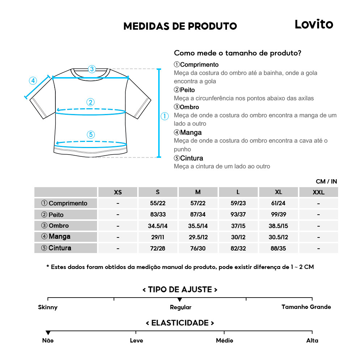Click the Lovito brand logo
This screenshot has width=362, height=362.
tap(313, 24)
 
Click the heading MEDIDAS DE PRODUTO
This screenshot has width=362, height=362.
tap(180, 26)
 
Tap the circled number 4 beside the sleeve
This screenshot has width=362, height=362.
tap(33, 81)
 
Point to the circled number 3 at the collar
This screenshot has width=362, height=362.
tap(92, 69)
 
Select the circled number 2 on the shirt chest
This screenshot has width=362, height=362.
tap(90, 102)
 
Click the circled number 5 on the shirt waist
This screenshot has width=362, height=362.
tap(90, 135)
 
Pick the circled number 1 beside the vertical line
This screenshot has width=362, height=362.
tap(165, 116)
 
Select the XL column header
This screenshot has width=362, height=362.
tap(278, 192)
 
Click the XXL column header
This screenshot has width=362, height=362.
tap(318, 192)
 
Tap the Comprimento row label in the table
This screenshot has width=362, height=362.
tap(66, 203)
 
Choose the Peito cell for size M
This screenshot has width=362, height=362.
tap(198, 215)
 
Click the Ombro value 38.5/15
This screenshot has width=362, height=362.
tap(278, 226)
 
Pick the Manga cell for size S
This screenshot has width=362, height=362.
tap(157, 237)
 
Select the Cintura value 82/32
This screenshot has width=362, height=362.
tap(238, 248)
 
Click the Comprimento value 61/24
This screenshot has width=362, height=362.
tap(278, 203)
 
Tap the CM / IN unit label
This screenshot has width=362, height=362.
tap(326, 181)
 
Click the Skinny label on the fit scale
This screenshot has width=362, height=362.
tap(48, 307)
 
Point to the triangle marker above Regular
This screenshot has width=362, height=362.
tap(180, 300)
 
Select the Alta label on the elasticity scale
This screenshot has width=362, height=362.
tap(312, 340)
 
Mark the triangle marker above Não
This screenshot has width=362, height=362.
tap(48, 333)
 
